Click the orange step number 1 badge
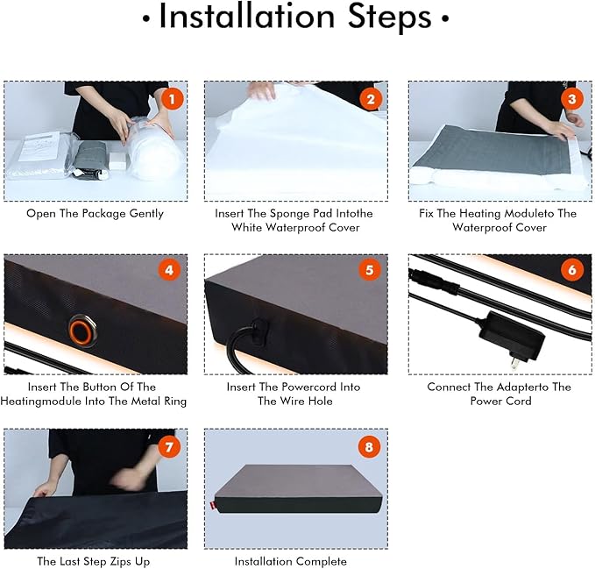pyautogui.click(x=172, y=99)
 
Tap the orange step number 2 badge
pyautogui.click(x=371, y=99)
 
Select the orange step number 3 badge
pyautogui.click(x=572, y=99)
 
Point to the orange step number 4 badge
pyautogui.click(x=169, y=270)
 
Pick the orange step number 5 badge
pyautogui.click(x=369, y=270)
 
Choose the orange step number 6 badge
pyautogui.click(x=572, y=270)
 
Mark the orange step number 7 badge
pyautogui.click(x=169, y=447)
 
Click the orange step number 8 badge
pyautogui.click(x=369, y=447)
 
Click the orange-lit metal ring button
pyautogui.click(x=82, y=331)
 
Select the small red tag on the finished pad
pyautogui.click(x=212, y=506)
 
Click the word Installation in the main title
pyautogui.click(x=246, y=17)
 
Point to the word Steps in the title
pyautogui.click(x=390, y=18)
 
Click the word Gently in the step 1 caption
pyautogui.click(x=146, y=214)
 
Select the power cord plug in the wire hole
pyautogui.click(x=260, y=331)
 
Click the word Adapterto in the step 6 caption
pyautogui.click(x=522, y=388)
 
